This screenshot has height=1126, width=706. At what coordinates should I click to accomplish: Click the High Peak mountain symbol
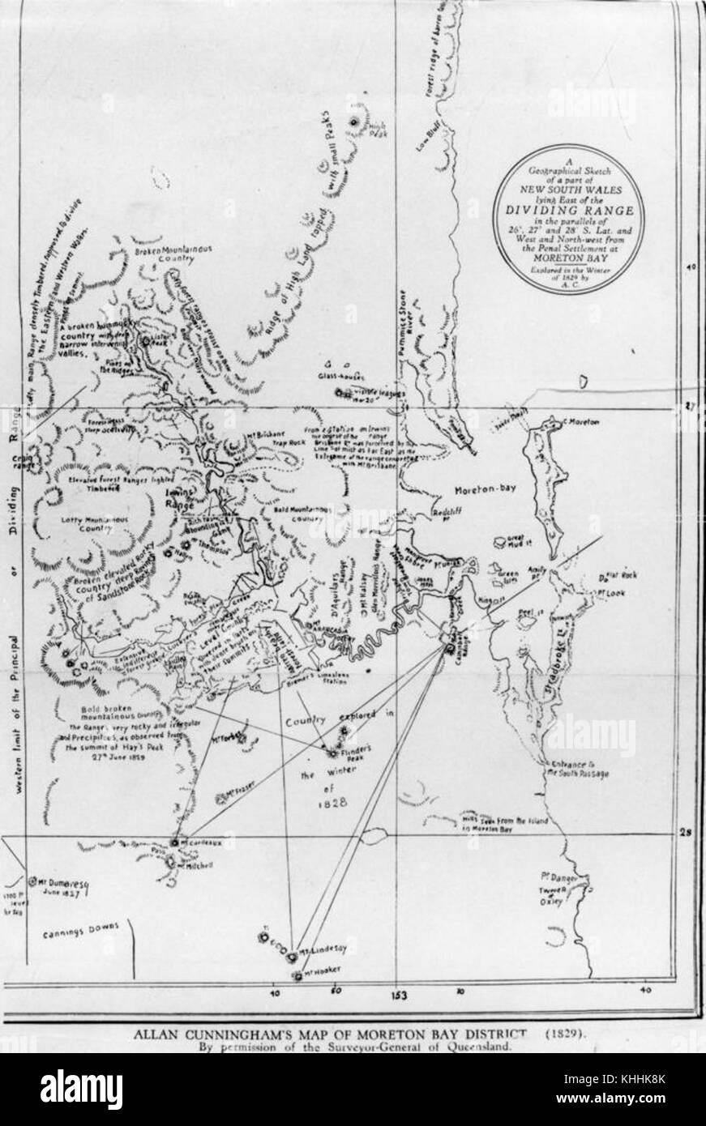tap(355, 122)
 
